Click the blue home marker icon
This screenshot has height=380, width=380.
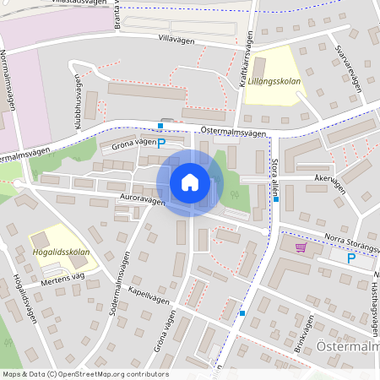pos(190,182)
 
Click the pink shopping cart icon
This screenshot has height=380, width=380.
pos(301,247)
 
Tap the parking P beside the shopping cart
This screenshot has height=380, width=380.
pos(351,258)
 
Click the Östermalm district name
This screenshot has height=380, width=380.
pos(348,350)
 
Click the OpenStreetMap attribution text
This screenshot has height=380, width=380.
pos(84,374)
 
